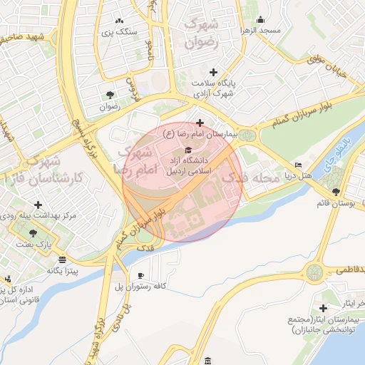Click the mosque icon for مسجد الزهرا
pyautogui.click(x=260, y=19)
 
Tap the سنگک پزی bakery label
pyautogui.click(x=118, y=32)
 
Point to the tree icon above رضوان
pyautogui.click(x=109, y=94)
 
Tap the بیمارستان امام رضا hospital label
pyautogui.click(x=199, y=133)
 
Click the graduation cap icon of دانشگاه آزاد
pyautogui.click(x=188, y=150)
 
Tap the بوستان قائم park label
pyautogui.click(x=336, y=203)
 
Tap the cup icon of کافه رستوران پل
pyautogui.click(x=140, y=275)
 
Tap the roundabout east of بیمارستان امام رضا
pyautogui.click(x=247, y=135)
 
